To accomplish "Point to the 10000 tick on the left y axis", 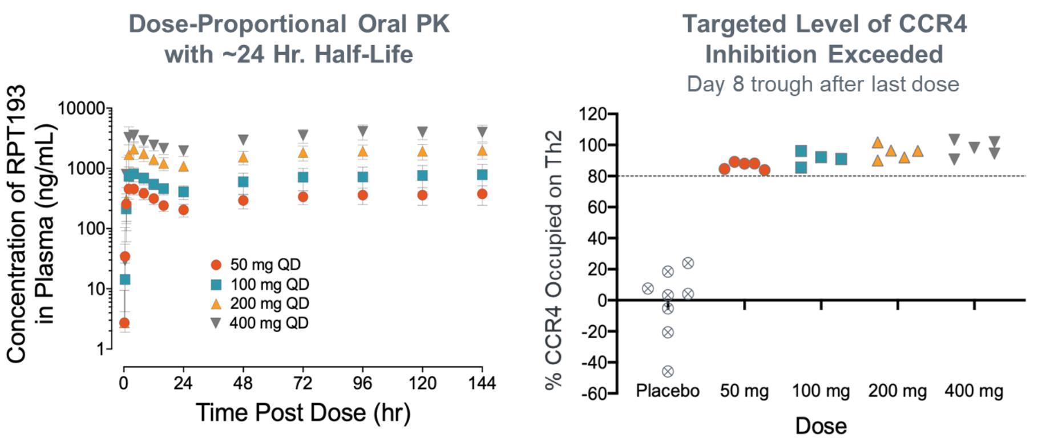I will [x=81, y=108].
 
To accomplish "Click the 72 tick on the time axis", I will [x=302, y=383].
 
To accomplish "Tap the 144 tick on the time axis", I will [x=482, y=383].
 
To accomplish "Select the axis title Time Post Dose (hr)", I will [x=303, y=412].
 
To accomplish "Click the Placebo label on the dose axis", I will [x=668, y=391].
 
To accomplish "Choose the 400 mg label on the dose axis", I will [x=974, y=391].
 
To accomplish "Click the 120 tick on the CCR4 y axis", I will [x=593, y=114].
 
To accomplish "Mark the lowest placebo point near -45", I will [x=668, y=371].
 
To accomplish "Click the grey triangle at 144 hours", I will [x=482, y=132].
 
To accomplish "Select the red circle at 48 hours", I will [x=243, y=200].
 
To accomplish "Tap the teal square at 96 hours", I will [x=362, y=177].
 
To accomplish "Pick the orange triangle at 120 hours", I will [x=422, y=151].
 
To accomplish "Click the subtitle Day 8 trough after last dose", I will [x=822, y=84].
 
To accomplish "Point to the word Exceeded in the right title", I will [x=885, y=55].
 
